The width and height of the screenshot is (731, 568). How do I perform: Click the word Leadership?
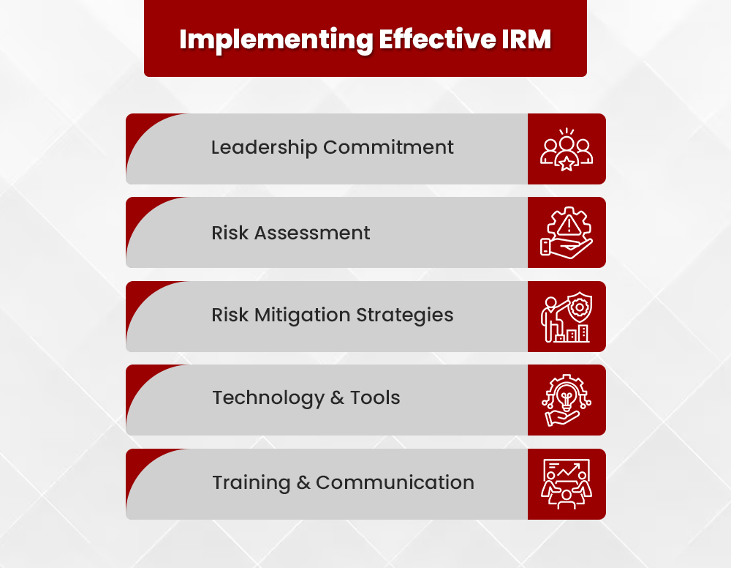(264, 147)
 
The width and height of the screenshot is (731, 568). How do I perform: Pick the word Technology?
(268, 398)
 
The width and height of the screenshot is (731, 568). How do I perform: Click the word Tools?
(375, 398)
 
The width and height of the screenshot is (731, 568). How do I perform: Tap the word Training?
(251, 483)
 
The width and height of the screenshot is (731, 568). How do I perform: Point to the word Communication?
(395, 483)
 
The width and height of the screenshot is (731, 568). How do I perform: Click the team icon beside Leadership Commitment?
(567, 149)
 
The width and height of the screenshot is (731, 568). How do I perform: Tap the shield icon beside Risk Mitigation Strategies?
(579, 307)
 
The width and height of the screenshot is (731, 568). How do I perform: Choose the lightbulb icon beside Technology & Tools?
(567, 397)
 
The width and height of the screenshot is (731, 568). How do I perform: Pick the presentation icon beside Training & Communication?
(567, 483)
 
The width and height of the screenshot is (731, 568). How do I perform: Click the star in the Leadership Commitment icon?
(567, 162)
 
